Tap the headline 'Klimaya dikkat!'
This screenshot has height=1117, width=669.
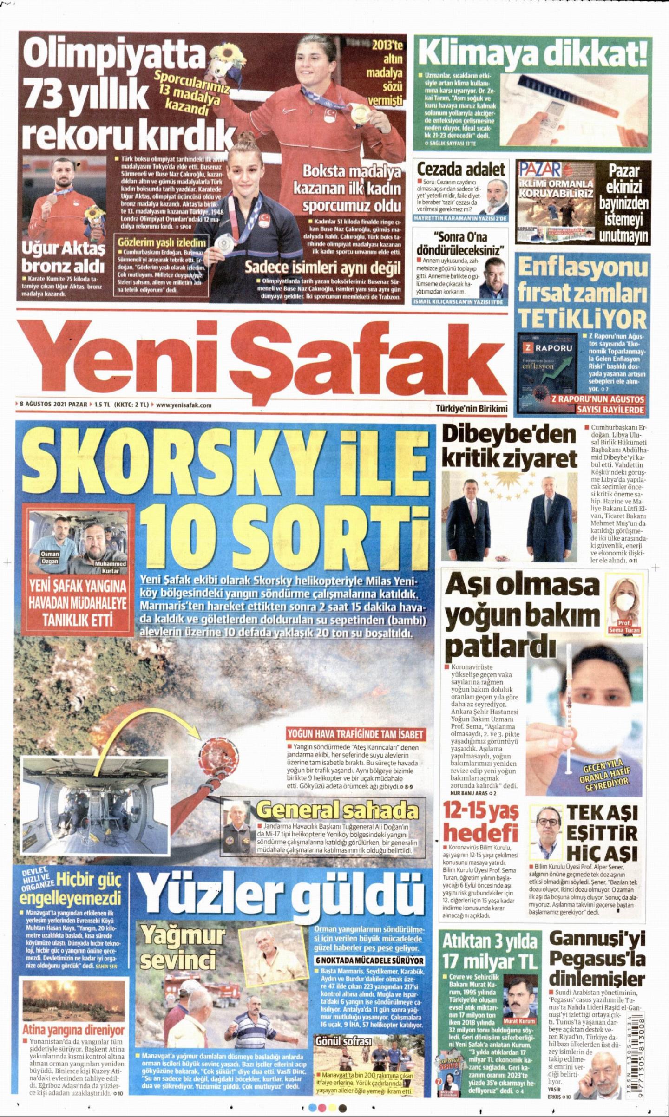coord(533,54)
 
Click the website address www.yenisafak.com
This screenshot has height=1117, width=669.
coord(184,405)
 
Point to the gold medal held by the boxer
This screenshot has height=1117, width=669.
coord(358,112)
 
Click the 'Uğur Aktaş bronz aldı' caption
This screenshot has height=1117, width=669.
coord(63,256)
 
